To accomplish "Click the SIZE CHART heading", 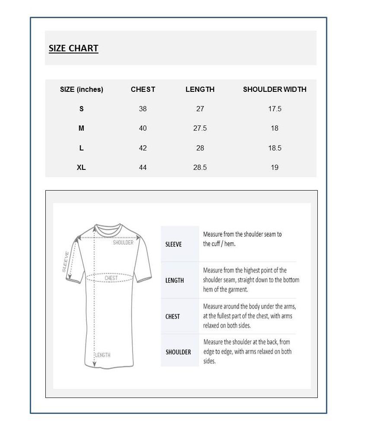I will [x=73, y=48].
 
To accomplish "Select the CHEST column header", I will [x=143, y=90].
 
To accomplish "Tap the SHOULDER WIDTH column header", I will [x=275, y=90].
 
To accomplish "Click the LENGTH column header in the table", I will [x=200, y=90].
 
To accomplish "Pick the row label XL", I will [x=81, y=168].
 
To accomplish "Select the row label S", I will [x=81, y=109].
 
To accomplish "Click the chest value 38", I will [x=143, y=109].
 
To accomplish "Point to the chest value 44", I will [x=143, y=168].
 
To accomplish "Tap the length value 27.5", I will [x=200, y=128].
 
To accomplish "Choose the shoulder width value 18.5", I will [x=275, y=148].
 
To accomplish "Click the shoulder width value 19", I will [x=275, y=168].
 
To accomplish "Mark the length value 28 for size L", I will [x=200, y=148].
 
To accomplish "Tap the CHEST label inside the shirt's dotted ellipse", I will [x=111, y=279].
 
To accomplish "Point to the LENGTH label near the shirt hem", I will [x=103, y=355].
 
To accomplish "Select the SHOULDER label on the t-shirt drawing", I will [x=123, y=243].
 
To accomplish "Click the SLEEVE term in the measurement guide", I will [x=174, y=244].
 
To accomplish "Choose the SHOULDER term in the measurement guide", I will [x=178, y=352].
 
